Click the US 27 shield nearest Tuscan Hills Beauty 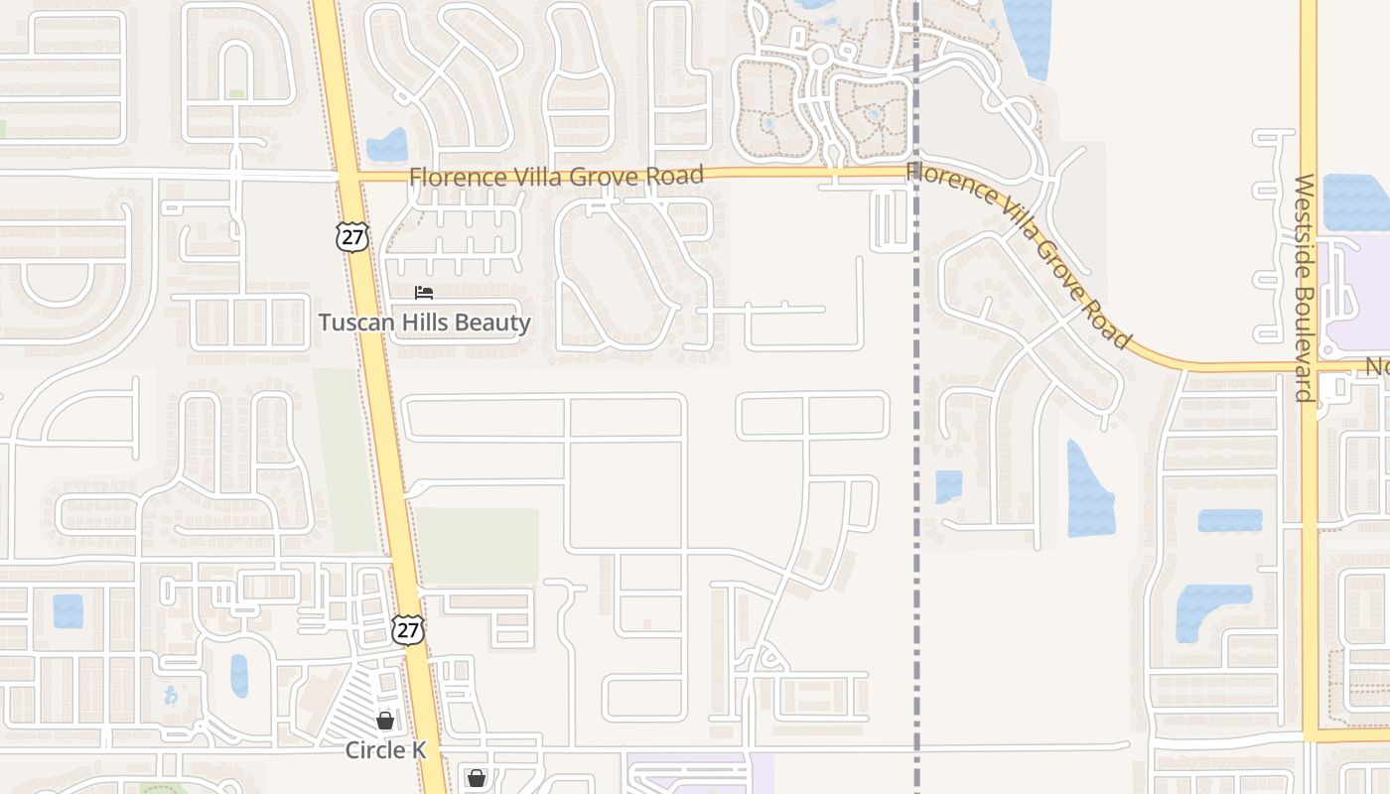tap(352, 236)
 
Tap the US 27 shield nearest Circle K tap(407, 629)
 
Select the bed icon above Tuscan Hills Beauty tap(424, 293)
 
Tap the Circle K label tap(385, 749)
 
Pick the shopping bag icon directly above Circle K tap(385, 721)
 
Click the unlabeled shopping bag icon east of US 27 tap(477, 777)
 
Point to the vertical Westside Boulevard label tap(1305, 288)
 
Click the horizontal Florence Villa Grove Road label tap(556, 177)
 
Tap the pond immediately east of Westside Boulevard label tap(1356, 202)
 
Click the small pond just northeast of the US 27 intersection tap(387, 146)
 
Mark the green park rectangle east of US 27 tap(477, 545)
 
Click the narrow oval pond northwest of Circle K tap(239, 676)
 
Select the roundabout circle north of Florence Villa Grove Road tap(819, 57)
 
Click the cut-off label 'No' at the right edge tap(1377, 367)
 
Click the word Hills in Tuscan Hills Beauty tap(423, 323)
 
